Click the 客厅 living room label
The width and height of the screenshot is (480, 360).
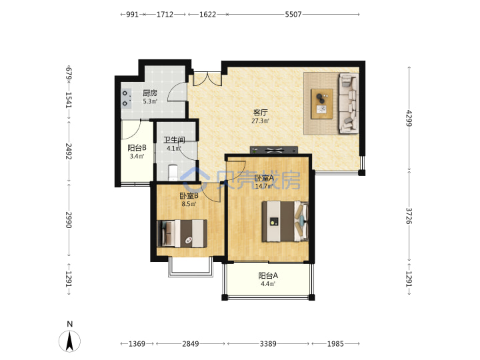pos(261,112)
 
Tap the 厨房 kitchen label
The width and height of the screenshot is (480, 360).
pos(150,93)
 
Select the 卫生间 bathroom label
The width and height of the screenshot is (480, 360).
pos(174,140)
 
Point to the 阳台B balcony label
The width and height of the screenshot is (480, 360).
pos(137,148)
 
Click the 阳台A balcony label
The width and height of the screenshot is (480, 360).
pos(268,275)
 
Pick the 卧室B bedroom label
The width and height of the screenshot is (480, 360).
pos(189,195)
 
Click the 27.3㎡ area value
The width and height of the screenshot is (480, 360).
pos(260,121)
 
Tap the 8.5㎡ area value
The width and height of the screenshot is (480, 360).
pos(189,204)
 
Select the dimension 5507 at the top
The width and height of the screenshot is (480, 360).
pos(293,15)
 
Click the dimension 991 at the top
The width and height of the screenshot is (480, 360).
pos(133,15)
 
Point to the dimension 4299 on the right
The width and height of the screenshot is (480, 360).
pos(409,118)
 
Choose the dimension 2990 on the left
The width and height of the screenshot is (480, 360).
pos(69,220)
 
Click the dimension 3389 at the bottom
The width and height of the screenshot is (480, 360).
pos(268,344)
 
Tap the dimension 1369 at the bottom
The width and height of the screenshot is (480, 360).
pos(137,344)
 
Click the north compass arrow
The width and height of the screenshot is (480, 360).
pos(70,341)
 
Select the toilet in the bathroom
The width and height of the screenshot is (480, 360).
pos(173,173)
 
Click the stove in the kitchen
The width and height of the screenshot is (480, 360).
pos(126,98)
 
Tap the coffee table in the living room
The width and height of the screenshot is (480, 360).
pos(322,104)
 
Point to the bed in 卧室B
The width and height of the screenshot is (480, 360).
pos(182,233)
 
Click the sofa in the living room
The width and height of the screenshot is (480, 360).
pos(349,103)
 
